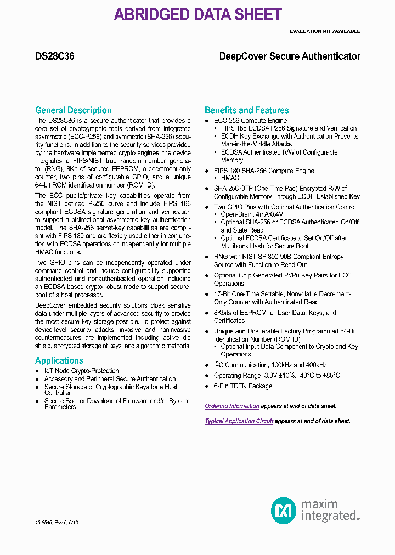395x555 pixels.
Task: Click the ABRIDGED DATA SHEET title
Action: pyautogui.click(x=198, y=14)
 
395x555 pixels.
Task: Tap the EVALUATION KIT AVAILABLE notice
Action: pyautogui.click(x=325, y=31)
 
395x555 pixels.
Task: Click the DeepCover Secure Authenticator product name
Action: pyautogui.click(x=290, y=56)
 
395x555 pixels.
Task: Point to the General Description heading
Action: pyautogui.click(x=73, y=110)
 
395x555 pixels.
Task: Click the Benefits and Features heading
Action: pyautogui.click(x=246, y=110)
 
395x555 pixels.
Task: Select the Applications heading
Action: pyautogui.click(x=59, y=360)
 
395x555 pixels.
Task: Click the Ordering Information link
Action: pyautogui.click(x=232, y=406)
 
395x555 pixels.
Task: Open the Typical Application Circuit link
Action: pyautogui.click(x=239, y=421)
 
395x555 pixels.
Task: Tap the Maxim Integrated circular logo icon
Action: pyautogui.click(x=284, y=511)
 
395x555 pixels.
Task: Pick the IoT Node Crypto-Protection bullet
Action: pyautogui.click(x=81, y=371)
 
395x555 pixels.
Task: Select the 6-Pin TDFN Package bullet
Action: pyautogui.click(x=242, y=386)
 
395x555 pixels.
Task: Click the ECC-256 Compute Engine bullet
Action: pyautogui.click(x=250, y=121)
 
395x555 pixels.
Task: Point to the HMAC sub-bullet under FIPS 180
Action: pyautogui.click(x=230, y=178)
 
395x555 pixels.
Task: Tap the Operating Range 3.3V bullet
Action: pyautogui.click(x=276, y=376)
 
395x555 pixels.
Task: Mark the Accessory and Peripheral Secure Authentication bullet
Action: pyautogui.click(x=110, y=379)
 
